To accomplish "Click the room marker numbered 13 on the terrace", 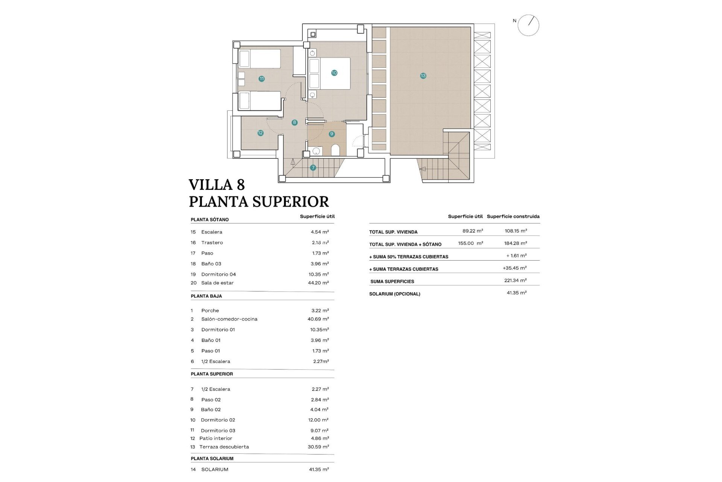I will [423, 76].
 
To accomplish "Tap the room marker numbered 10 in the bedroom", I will [334, 73].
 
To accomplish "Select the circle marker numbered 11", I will [261, 79].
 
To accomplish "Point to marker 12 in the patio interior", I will [260, 133].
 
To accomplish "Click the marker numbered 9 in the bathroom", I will [331, 134].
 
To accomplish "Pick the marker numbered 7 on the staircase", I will [313, 168].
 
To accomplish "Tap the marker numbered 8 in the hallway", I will [294, 122].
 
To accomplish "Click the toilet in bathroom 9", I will [335, 150].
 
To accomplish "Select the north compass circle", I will [528, 25].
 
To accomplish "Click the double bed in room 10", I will [329, 73].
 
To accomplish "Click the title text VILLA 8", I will [217, 185].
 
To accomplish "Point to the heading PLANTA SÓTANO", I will [209, 220].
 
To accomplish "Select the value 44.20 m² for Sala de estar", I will [318, 283].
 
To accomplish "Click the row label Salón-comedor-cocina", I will [229, 319].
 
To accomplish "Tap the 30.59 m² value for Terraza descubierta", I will [318, 447].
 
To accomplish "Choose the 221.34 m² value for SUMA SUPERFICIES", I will [515, 280].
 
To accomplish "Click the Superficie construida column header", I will [513, 216].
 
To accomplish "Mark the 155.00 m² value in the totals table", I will [470, 243].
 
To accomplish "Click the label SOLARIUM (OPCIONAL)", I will [394, 294].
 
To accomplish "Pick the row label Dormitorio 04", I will [218, 274].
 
